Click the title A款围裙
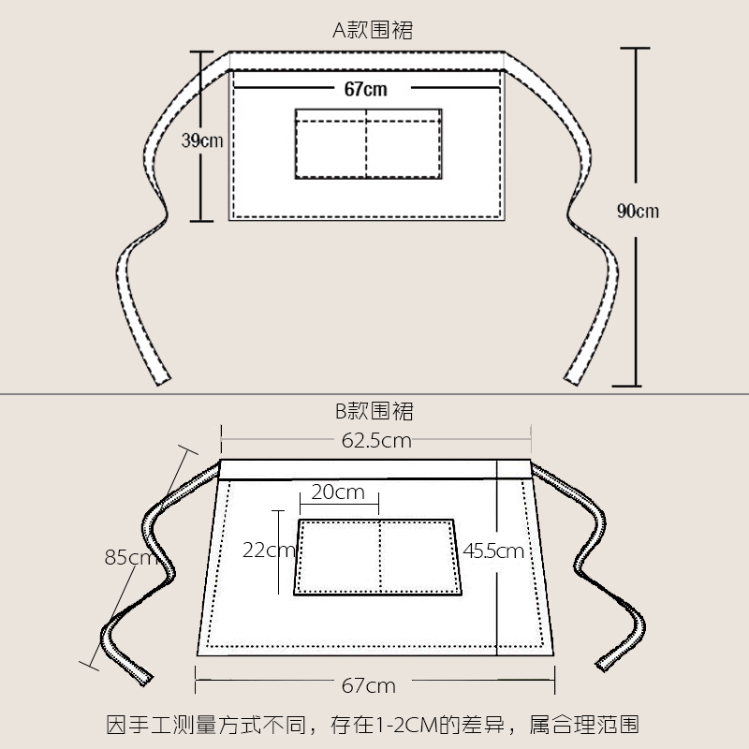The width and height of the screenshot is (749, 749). coord(373,30)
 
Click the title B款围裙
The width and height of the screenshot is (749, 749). coord(374,410)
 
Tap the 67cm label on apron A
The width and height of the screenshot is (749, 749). coord(365,90)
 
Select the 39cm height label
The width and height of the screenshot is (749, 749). coord(202,141)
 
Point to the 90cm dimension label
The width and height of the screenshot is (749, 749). coord(638,211)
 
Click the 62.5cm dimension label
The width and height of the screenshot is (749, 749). coord(375,441)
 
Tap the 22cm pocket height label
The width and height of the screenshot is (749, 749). coord(269,551)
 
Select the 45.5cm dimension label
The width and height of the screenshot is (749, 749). coord(493,551)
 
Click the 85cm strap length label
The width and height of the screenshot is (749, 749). coord(131,559)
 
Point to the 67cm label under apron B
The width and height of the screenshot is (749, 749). coord(368,685)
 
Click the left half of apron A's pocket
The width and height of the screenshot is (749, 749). coord(330,145)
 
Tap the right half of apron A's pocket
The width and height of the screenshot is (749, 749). coord(404,145)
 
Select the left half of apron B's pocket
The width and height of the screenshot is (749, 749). coord(339,556)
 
